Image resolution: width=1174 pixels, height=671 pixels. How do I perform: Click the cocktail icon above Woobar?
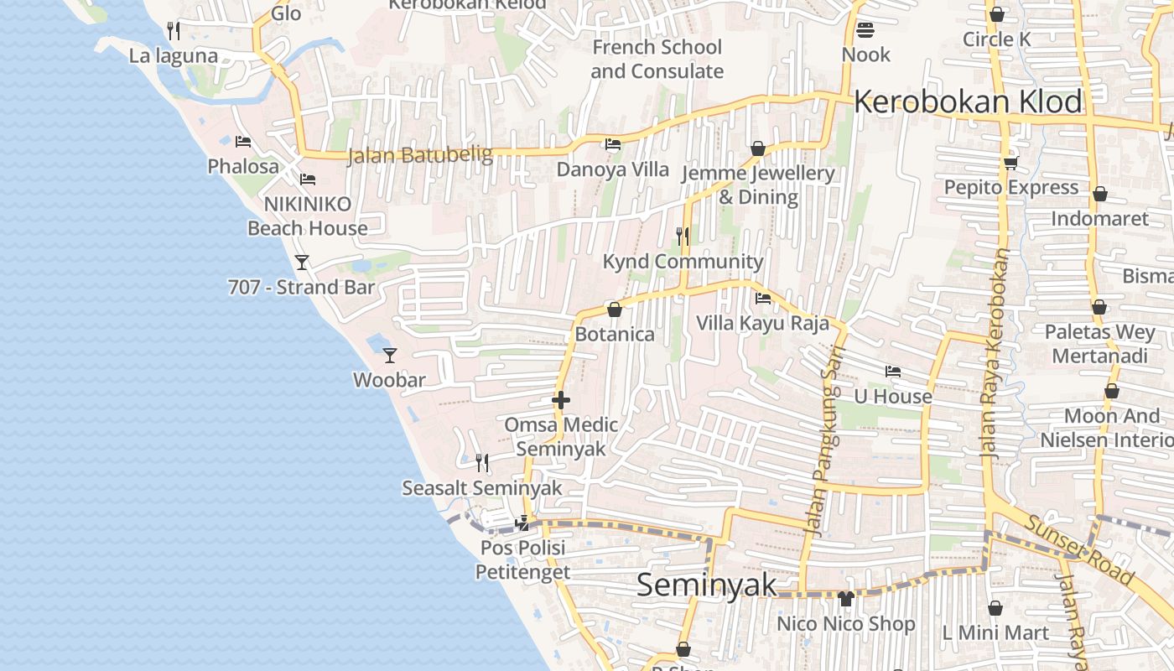pyautogui.click(x=389, y=355)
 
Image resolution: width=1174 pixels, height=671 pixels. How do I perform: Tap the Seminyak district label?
pyautogui.click(x=706, y=585)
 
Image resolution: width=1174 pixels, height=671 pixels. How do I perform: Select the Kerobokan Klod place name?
pyautogui.click(x=968, y=102)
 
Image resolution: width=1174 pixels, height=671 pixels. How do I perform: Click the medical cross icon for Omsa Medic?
pyautogui.click(x=561, y=401)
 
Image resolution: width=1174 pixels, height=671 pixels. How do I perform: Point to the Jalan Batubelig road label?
pyautogui.click(x=408, y=155)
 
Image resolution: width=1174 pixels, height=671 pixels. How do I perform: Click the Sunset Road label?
pyautogui.click(x=1078, y=549)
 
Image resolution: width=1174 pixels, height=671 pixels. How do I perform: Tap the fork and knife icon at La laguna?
pyautogui.click(x=174, y=31)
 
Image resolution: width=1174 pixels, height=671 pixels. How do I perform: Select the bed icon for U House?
pyautogui.click(x=893, y=372)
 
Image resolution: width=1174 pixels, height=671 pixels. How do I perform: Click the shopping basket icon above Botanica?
pyautogui.click(x=614, y=309)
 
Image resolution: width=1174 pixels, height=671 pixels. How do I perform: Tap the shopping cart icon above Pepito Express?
pyautogui.click(x=1010, y=163)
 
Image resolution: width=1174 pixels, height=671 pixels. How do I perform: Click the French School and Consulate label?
pyautogui.click(x=657, y=59)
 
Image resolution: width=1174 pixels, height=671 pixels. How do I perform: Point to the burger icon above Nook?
pyautogui.click(x=865, y=30)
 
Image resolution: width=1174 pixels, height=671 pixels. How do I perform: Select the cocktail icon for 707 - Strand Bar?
pyautogui.click(x=302, y=263)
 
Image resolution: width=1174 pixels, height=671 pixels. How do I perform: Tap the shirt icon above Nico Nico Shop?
pyautogui.click(x=845, y=599)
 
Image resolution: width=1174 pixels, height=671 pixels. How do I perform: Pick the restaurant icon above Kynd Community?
pyautogui.click(x=683, y=237)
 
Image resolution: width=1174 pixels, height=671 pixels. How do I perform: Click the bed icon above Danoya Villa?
pyautogui.click(x=613, y=144)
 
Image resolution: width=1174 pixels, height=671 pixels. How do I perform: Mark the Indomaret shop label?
pyautogui.click(x=1099, y=219)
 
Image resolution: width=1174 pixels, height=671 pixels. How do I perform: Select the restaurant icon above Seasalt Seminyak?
pyautogui.click(x=481, y=462)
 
